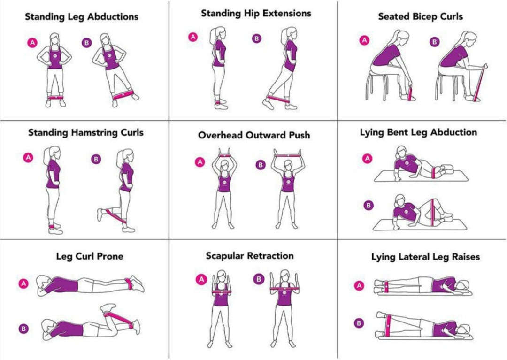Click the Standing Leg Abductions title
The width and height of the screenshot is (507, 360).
point(81,17)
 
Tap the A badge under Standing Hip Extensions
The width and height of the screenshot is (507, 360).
point(193,37)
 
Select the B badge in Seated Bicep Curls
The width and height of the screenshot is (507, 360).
point(435,42)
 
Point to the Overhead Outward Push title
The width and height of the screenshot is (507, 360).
point(253,135)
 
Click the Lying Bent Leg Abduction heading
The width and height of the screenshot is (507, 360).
point(418,133)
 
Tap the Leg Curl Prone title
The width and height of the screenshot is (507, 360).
point(89,256)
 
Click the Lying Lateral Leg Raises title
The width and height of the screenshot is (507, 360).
point(425,257)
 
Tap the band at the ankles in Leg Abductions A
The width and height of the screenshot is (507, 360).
point(55,98)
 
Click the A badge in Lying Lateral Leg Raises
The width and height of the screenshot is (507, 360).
point(359,286)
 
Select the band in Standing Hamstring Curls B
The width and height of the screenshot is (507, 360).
point(115,215)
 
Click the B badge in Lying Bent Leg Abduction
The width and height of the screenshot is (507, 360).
point(369,205)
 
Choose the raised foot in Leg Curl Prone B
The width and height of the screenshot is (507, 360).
point(108,307)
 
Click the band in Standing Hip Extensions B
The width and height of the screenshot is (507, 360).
point(277,99)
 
